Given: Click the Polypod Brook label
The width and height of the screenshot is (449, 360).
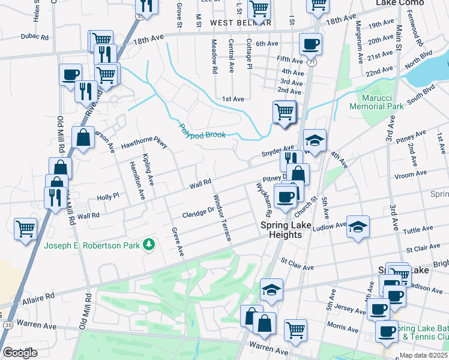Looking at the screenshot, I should [203, 131].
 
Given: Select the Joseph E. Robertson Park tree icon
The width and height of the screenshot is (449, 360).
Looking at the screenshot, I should [148, 244].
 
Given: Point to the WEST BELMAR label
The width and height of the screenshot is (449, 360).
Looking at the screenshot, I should [241, 23].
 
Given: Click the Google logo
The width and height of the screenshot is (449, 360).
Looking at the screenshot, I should [20, 352].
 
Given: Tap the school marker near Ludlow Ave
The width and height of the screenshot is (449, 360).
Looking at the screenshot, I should [358, 226].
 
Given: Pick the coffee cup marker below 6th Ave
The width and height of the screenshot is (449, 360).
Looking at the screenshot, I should [310, 44].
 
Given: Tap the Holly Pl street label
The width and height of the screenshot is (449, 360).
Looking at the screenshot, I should [109, 196].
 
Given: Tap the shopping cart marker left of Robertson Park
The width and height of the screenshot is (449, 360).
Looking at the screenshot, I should [26, 228].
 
